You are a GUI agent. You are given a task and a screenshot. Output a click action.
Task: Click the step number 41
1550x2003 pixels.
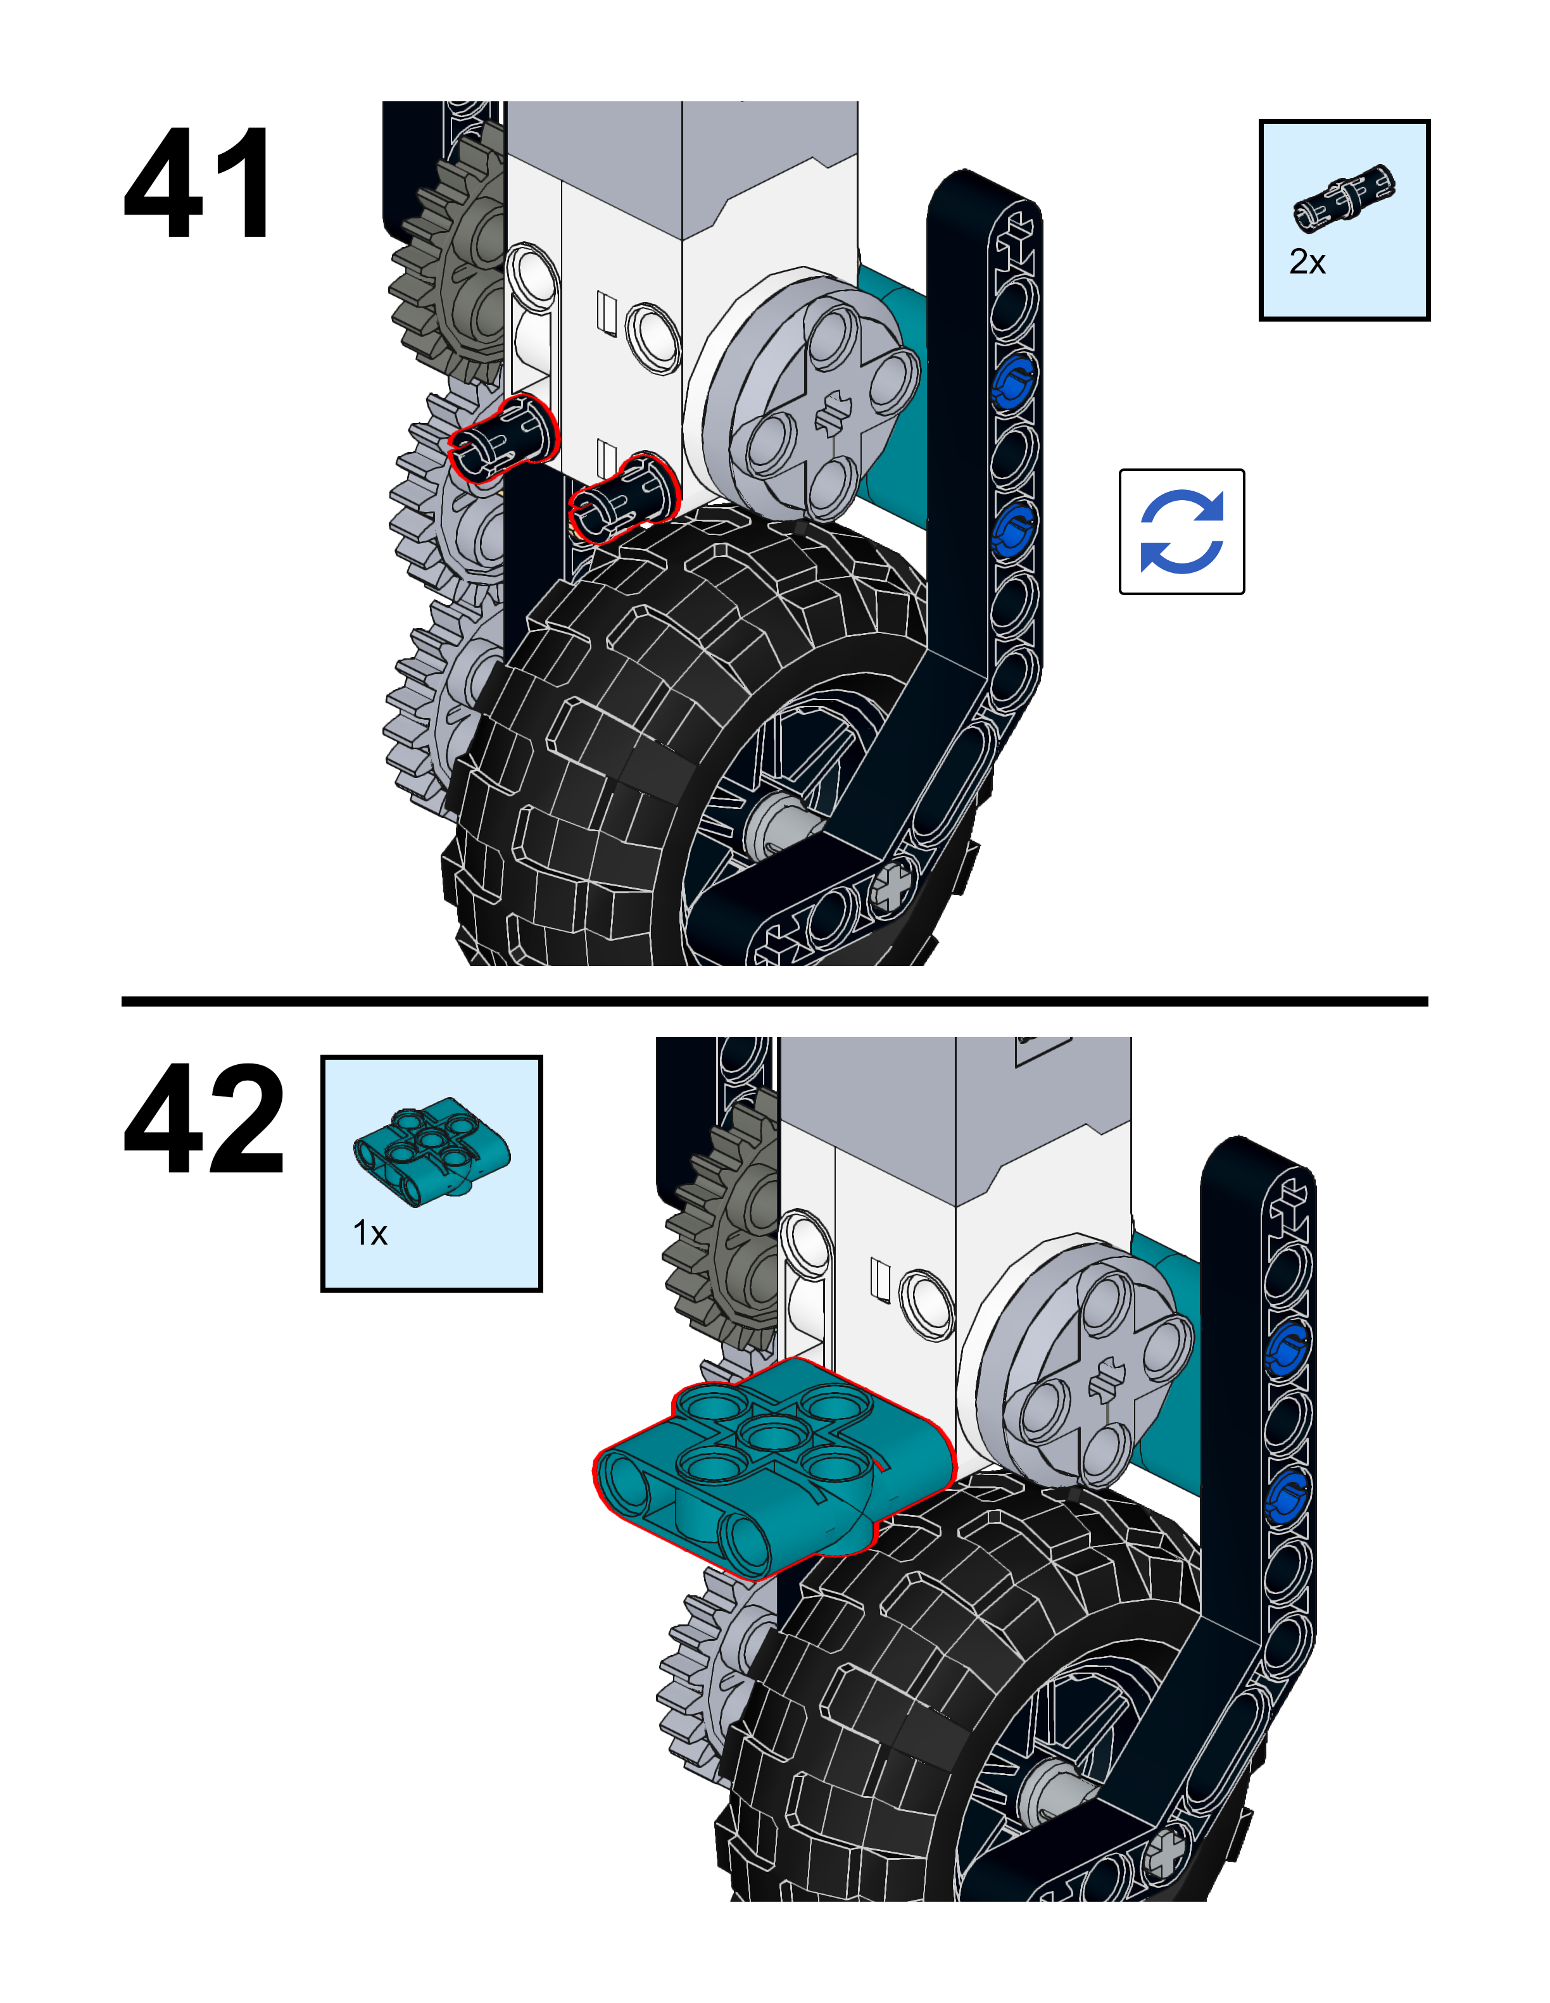(x=197, y=184)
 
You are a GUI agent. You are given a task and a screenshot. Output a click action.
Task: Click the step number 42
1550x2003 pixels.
(x=204, y=1118)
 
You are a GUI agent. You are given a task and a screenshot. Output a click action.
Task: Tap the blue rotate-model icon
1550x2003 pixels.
(x=1181, y=532)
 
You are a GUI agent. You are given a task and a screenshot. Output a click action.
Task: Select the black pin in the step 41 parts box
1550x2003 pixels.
(x=1344, y=196)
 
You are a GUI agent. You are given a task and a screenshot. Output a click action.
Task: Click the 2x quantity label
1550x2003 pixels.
(x=1307, y=262)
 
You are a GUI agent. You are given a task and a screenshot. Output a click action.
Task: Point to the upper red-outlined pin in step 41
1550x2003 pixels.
(x=505, y=437)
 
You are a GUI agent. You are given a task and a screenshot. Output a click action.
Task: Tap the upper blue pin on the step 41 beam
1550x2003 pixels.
(x=1012, y=380)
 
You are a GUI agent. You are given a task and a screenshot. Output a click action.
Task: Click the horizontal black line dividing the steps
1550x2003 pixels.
(x=775, y=1001)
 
